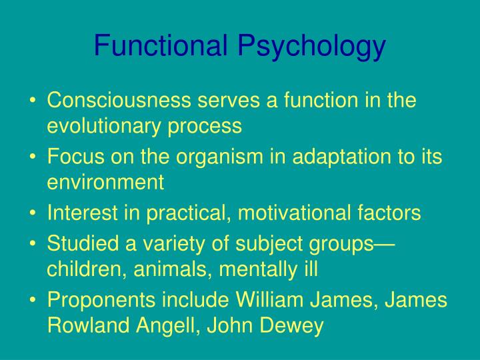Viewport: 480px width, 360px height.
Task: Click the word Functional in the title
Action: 161,46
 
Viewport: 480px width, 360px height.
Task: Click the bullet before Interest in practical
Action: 33,213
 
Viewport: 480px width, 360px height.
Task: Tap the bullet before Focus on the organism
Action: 33,157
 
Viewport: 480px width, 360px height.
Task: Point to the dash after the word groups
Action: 386,245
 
